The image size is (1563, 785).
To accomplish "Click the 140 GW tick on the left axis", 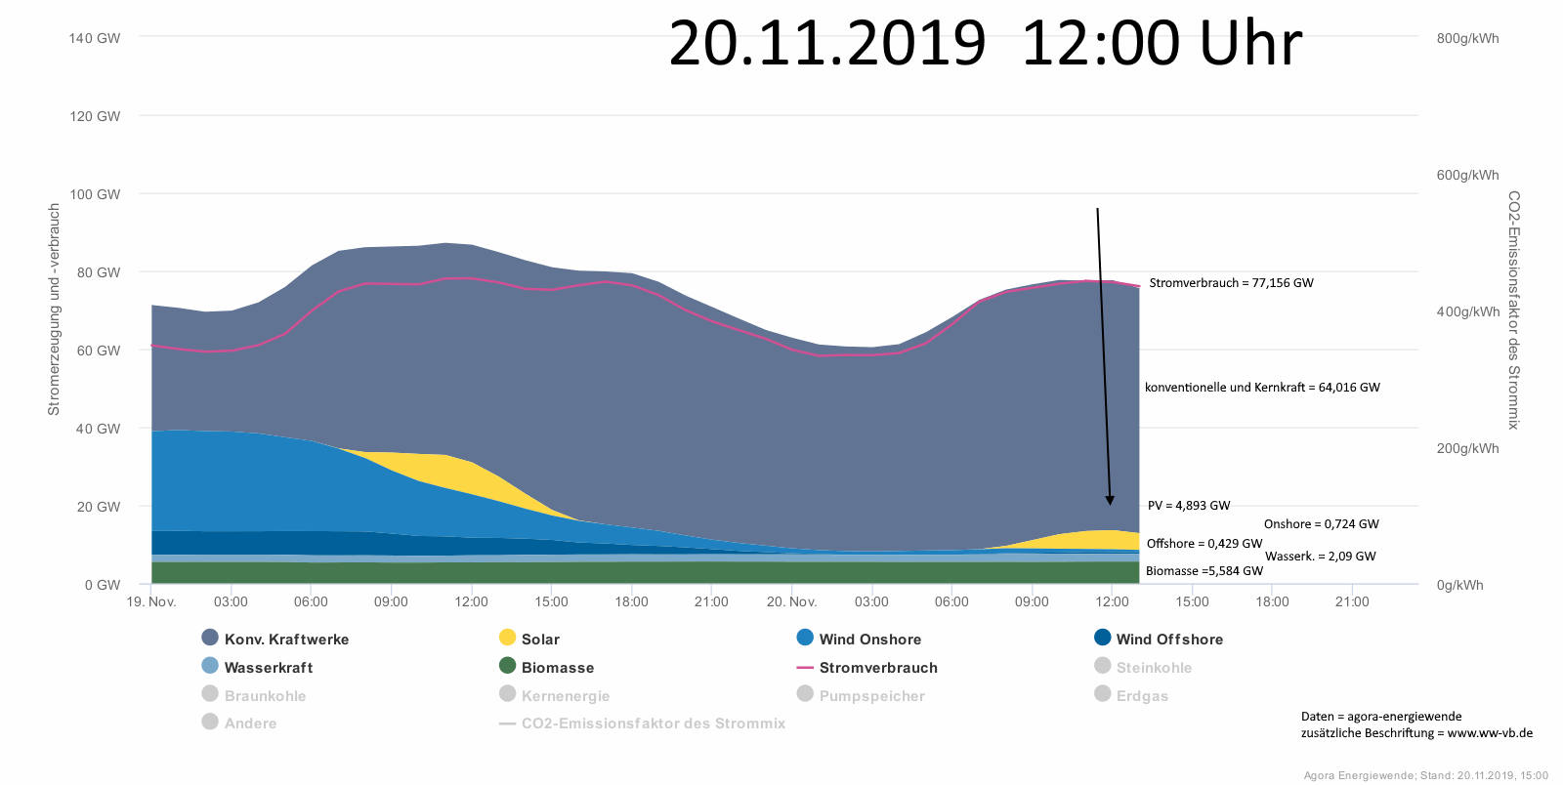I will pos(95,38).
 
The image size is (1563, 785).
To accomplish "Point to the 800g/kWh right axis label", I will pos(1467,38).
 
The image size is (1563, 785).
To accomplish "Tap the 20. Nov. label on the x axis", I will pos(791,601).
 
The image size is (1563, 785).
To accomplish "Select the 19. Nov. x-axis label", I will pos(151,601).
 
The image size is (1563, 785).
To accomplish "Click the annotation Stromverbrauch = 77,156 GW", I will pos(1231,283).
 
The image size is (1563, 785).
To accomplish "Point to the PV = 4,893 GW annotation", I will pos(1189,506).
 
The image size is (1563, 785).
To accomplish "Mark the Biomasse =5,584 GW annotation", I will pos(1204,571).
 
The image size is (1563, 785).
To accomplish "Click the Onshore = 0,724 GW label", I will pos(1321,524).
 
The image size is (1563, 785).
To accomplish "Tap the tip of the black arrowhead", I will pos(1110,505).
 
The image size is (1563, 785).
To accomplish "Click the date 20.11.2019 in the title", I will pos(827,44).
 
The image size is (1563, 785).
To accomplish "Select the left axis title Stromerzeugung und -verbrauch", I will pos(55,310).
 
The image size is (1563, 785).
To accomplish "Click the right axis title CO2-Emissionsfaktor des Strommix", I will pos(1513,310).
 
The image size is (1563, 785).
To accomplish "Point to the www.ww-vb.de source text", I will pos(1490,733).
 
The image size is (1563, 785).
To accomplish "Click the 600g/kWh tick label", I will pos(1467,175).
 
